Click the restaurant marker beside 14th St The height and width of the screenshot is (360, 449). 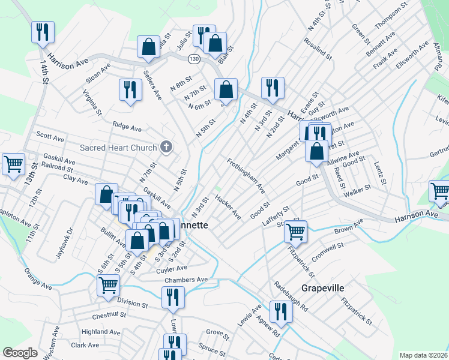tap(43, 32)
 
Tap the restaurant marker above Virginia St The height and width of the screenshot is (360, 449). tap(130, 89)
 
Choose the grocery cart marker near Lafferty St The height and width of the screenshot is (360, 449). tap(295, 231)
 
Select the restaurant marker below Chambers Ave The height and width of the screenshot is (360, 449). tap(172, 297)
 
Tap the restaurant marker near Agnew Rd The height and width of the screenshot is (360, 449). tap(281, 311)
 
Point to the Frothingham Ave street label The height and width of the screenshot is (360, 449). tap(246, 176)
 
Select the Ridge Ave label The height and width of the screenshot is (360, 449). tap(127, 127)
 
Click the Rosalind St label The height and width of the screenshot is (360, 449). tap(318, 49)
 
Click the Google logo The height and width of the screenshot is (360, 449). tap(20, 353)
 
